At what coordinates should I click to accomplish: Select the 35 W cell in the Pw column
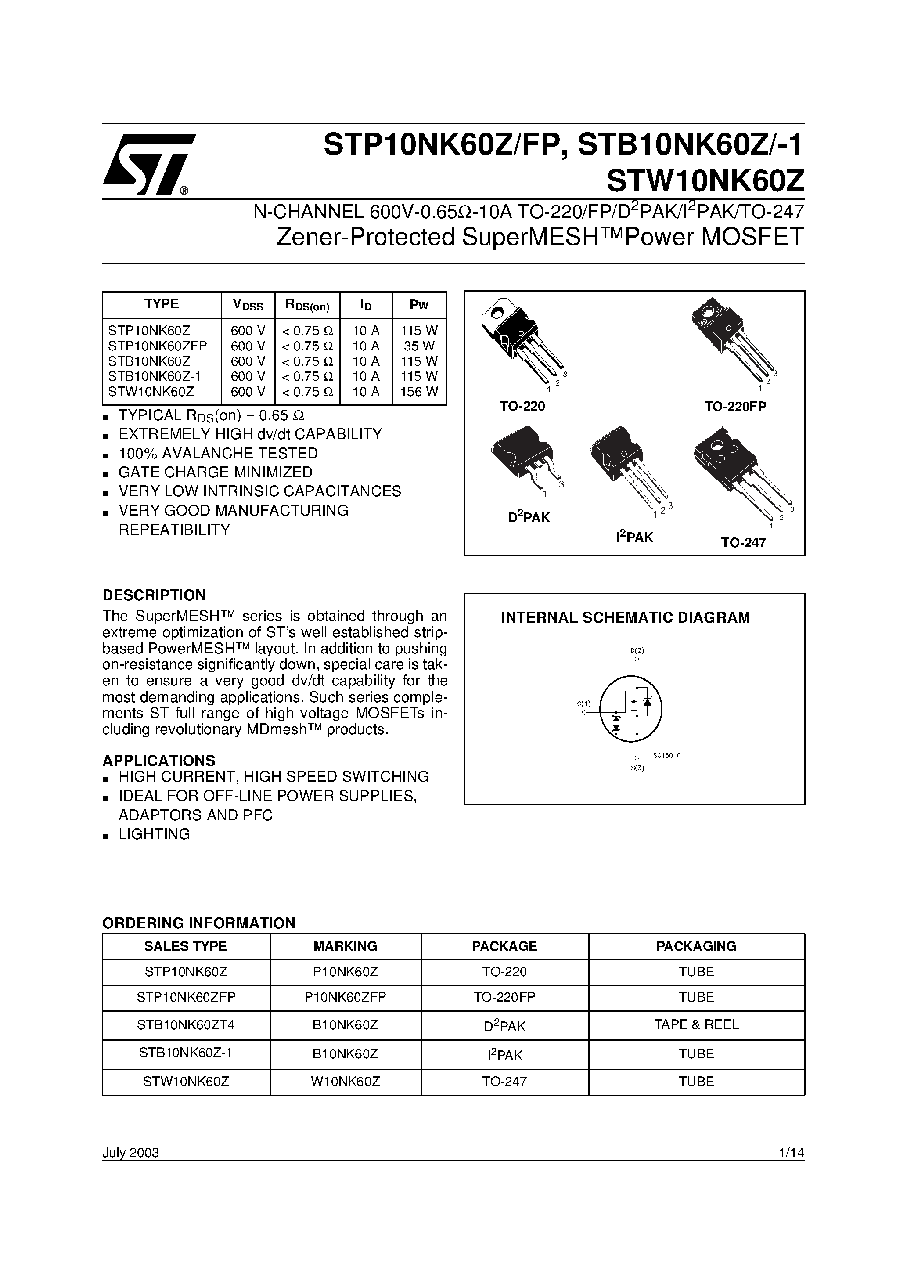tap(419, 346)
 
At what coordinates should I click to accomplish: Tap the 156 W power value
tap(419, 391)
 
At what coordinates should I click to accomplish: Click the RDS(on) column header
tap(308, 305)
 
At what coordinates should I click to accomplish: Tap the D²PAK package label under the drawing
tap(529, 517)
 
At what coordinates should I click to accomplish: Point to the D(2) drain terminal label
tap(637, 650)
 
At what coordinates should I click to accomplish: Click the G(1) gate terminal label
tap(583, 703)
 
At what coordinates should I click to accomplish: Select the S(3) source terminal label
tap(637, 768)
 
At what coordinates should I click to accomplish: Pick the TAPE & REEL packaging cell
tap(696, 1024)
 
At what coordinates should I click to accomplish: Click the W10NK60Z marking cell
tap(345, 1081)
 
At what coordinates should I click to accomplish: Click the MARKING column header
tap(345, 946)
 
